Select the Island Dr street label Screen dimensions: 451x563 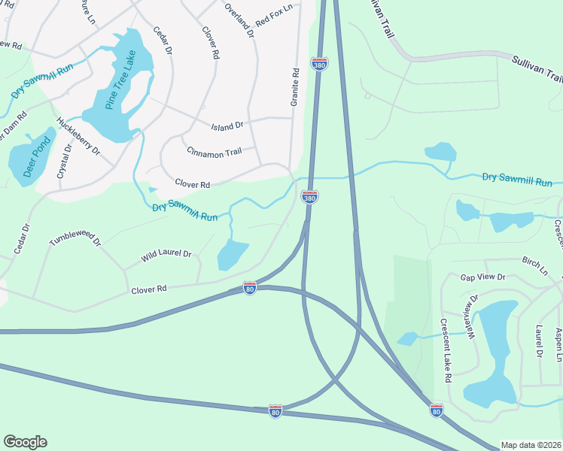click(x=227, y=126)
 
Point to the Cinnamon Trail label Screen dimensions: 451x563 click(x=215, y=153)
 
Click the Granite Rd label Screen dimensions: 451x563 click(x=296, y=86)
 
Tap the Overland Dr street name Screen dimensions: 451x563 click(x=239, y=19)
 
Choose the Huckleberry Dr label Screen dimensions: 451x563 click(x=78, y=136)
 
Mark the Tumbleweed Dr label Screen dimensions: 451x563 click(x=75, y=240)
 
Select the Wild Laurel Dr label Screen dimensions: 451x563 click(x=166, y=256)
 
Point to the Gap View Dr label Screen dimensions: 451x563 click(x=482, y=277)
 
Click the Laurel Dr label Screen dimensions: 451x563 click(x=540, y=341)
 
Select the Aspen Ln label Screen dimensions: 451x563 click(x=558, y=342)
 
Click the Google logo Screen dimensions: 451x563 click(x=25, y=442)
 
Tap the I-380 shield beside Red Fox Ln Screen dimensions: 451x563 click(x=320, y=64)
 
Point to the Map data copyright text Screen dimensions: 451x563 click(x=531, y=445)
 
